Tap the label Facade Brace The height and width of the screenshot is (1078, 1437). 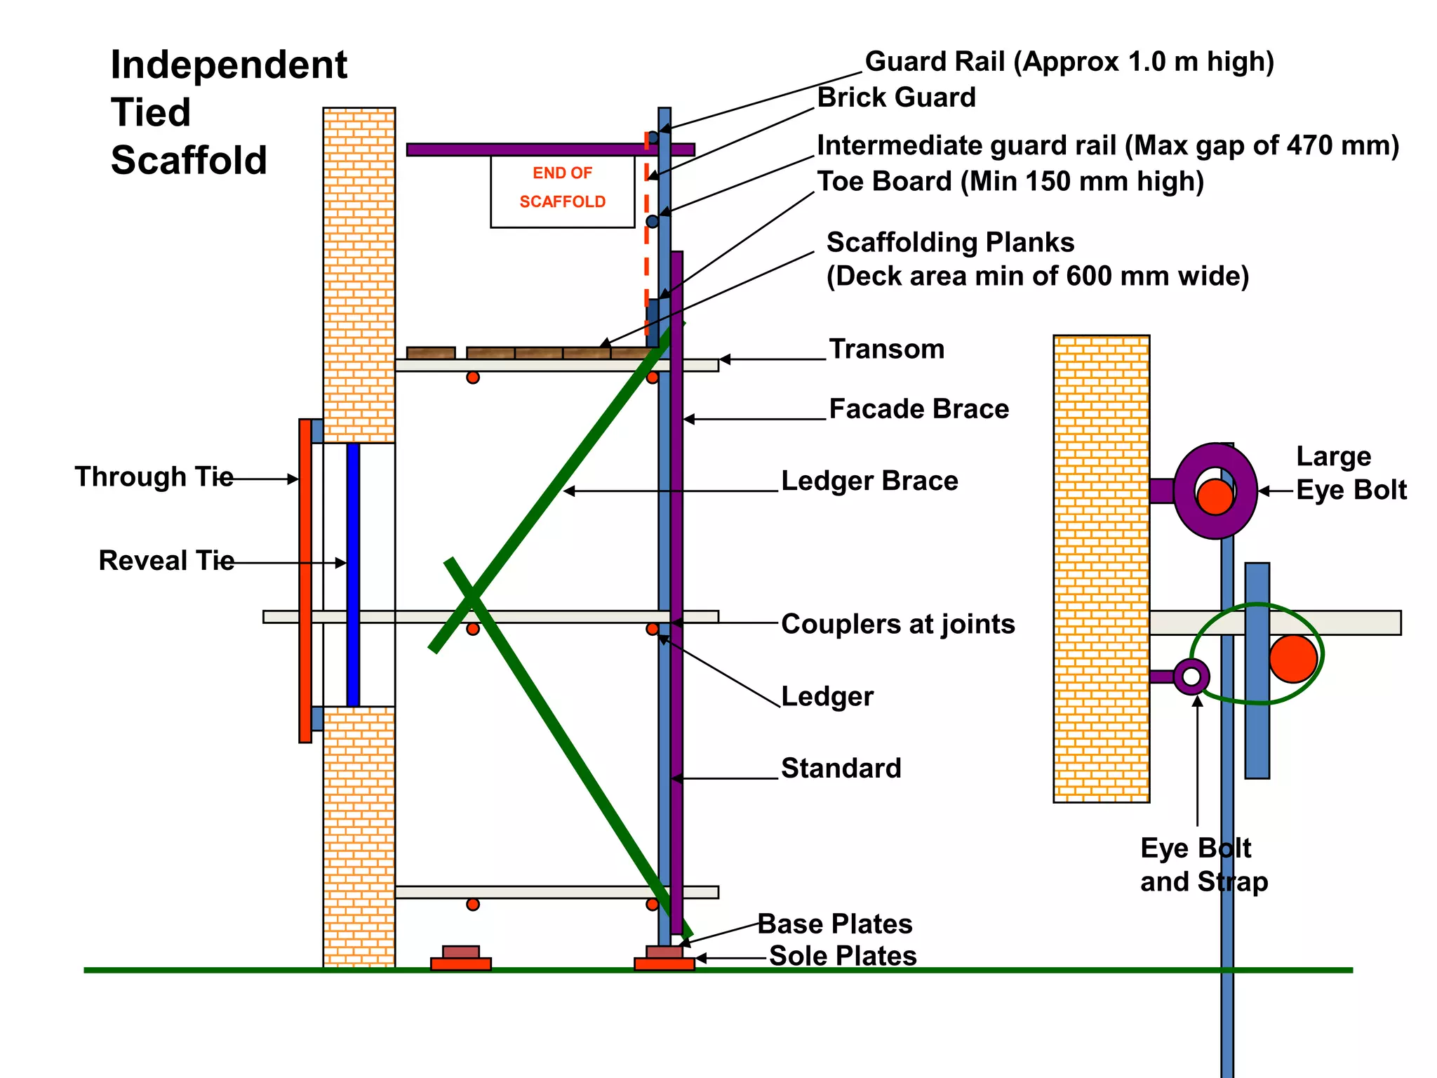click(x=918, y=409)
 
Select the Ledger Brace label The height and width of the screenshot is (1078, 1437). click(x=869, y=481)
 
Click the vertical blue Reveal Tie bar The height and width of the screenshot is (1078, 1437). click(x=353, y=574)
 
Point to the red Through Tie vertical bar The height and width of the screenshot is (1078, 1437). click(x=305, y=580)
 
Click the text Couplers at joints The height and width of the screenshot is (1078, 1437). click(x=897, y=624)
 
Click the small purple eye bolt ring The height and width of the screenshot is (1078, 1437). click(x=1191, y=677)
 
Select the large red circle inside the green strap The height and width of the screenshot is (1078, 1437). click(x=1292, y=659)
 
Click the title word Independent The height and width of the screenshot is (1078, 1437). click(x=229, y=65)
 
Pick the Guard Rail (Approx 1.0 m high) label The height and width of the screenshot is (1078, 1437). click(x=1069, y=62)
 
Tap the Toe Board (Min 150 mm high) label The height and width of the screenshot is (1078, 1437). click(x=1010, y=182)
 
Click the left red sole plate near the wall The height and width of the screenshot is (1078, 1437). click(x=460, y=964)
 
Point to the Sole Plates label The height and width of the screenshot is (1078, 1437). click(x=842, y=956)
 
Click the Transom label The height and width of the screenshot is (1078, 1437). click(x=886, y=350)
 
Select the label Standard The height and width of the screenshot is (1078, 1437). click(x=841, y=768)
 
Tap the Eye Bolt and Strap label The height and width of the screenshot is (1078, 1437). click(x=1203, y=865)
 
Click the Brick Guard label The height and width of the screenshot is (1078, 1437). click(x=896, y=98)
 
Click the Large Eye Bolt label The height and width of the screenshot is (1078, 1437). click(x=1350, y=473)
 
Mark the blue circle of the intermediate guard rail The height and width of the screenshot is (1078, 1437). click(x=653, y=222)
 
